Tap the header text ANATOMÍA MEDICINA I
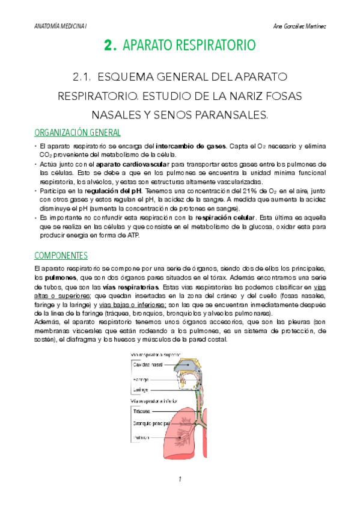(x=60, y=25)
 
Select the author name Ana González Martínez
(x=299, y=25)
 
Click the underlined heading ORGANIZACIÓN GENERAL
(x=78, y=132)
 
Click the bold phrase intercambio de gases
(x=191, y=146)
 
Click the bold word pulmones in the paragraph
(x=60, y=278)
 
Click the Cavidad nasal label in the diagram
(x=148, y=364)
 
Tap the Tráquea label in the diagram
(x=142, y=411)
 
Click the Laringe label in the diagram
(x=142, y=390)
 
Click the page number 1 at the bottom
(x=179, y=479)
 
